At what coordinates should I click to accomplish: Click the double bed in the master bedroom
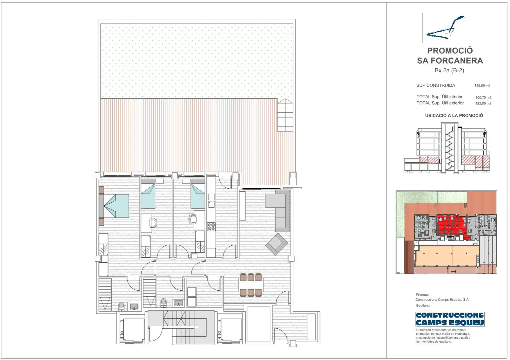[x=114, y=205]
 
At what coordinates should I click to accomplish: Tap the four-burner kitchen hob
[x=211, y=227]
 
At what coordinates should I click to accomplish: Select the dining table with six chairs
[x=251, y=285]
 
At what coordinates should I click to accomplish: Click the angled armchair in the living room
[x=277, y=244]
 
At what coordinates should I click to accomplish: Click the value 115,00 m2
[x=482, y=86]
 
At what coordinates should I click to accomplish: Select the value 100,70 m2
[x=483, y=97]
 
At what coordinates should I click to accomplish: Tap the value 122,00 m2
[x=483, y=103]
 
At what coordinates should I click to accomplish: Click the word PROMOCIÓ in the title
[x=450, y=51]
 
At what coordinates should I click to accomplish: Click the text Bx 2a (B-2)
[x=449, y=70]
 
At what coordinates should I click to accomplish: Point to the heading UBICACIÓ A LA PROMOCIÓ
[x=454, y=116]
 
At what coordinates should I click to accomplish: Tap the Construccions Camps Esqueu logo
[x=450, y=319]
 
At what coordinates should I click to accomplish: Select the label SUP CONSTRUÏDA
[x=436, y=85]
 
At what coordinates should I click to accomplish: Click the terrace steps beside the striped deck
[x=285, y=115]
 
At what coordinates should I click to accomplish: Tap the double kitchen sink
[x=211, y=200]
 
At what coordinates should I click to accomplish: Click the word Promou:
[x=422, y=295]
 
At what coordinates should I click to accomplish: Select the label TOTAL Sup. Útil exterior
[x=440, y=103]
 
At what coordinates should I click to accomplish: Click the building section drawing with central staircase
[x=447, y=148]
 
